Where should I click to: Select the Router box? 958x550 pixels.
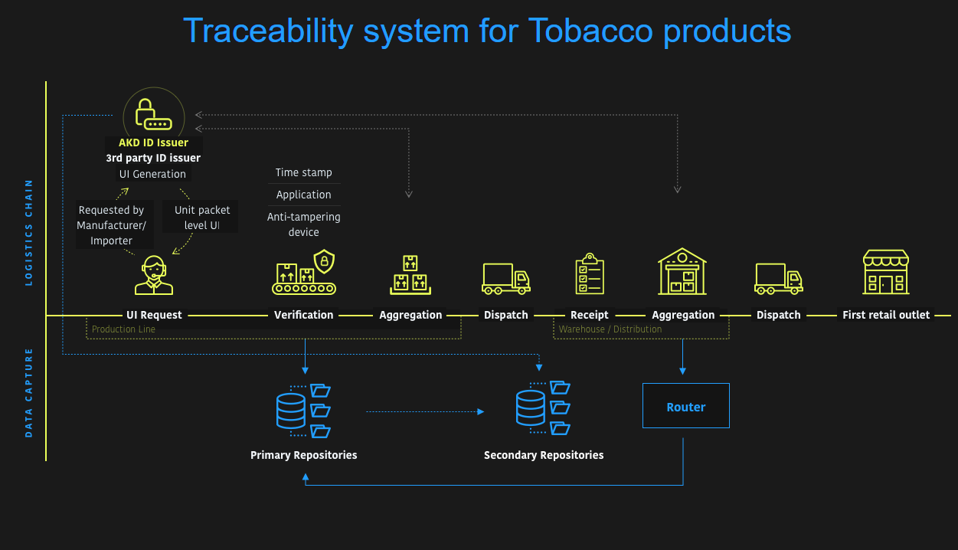coord(685,406)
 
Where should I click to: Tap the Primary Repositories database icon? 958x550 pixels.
coord(291,411)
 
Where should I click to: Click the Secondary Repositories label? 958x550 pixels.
coord(544,455)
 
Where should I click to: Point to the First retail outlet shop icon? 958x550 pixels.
coord(886,272)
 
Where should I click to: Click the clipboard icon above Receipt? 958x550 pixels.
coord(590,274)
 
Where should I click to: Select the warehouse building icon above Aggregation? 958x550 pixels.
coord(682,271)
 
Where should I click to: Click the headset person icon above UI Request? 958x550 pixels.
coord(154,275)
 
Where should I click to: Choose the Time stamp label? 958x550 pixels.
coord(304,172)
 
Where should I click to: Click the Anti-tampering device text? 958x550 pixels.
coord(304,224)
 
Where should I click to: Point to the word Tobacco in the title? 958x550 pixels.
coord(590,31)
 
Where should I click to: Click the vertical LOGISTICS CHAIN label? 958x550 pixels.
coord(29,232)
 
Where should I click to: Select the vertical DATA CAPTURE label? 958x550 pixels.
coord(29,392)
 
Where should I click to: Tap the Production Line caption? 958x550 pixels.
coord(123,329)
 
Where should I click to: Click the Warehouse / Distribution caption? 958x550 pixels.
coord(610,329)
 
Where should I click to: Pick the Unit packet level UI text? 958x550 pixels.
coord(202,218)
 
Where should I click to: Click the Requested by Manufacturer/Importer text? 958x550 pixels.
coord(112,225)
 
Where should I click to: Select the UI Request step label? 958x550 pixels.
coord(154,315)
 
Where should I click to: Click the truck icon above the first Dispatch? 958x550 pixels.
coord(505,279)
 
